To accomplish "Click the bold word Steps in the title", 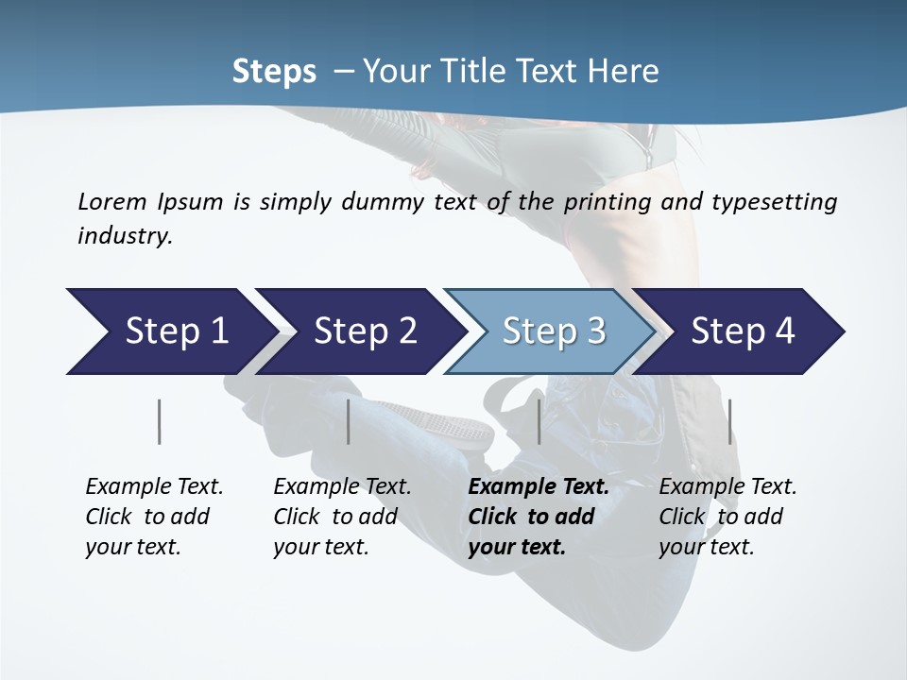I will click(x=274, y=72).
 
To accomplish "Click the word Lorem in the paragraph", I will click(x=111, y=201).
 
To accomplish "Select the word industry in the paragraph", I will click(x=125, y=236).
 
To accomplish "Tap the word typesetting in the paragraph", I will click(x=774, y=201).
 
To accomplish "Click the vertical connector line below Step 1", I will click(x=159, y=421).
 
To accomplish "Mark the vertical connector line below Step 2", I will click(x=349, y=421).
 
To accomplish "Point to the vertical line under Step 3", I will click(x=539, y=421).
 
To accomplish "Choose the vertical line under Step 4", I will click(x=729, y=421).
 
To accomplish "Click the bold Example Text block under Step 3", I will click(x=537, y=517).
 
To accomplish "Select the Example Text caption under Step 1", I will click(x=153, y=517).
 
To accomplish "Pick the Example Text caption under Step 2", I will click(x=341, y=517).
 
